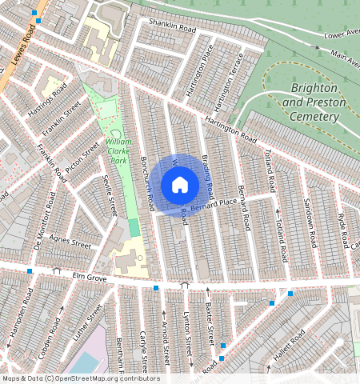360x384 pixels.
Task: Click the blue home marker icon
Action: point(180,185)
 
